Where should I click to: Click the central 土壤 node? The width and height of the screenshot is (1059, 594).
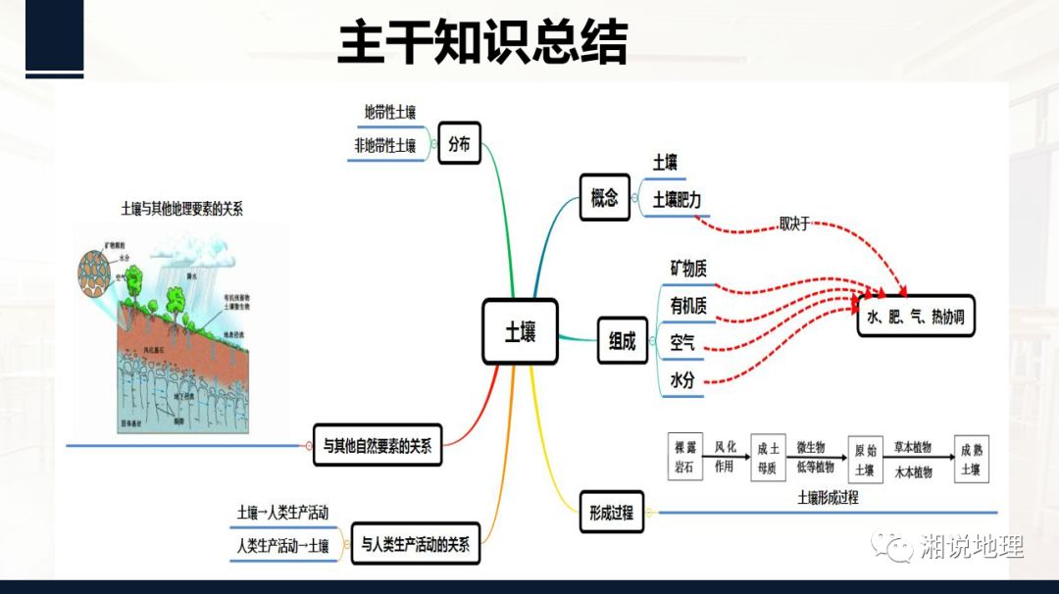click(x=520, y=332)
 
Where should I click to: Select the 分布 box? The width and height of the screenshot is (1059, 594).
click(x=459, y=144)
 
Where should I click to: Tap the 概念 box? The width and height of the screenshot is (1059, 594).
click(x=605, y=197)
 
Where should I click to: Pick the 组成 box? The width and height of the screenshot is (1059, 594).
click(x=623, y=341)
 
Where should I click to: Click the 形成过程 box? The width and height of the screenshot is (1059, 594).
click(x=611, y=512)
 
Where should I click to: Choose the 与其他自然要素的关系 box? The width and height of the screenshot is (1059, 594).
click(x=378, y=444)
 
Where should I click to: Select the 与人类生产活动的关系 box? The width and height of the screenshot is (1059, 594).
click(x=415, y=544)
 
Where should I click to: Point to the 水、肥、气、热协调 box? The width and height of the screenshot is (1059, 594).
click(x=916, y=318)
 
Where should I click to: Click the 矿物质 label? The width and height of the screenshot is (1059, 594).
click(x=688, y=268)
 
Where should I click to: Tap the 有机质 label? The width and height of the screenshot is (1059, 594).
click(x=688, y=306)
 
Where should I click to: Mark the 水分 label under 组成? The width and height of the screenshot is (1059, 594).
click(x=682, y=380)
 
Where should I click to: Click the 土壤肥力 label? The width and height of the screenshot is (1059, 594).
click(x=677, y=199)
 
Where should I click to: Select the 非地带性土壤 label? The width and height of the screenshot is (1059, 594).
click(x=385, y=146)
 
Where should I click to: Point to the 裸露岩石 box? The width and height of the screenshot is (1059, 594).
click(x=683, y=457)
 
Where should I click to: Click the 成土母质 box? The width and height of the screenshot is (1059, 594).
click(x=768, y=458)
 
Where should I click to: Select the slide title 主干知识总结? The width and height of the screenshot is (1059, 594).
click(x=482, y=43)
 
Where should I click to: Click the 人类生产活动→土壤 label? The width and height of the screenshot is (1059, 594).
click(x=283, y=545)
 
